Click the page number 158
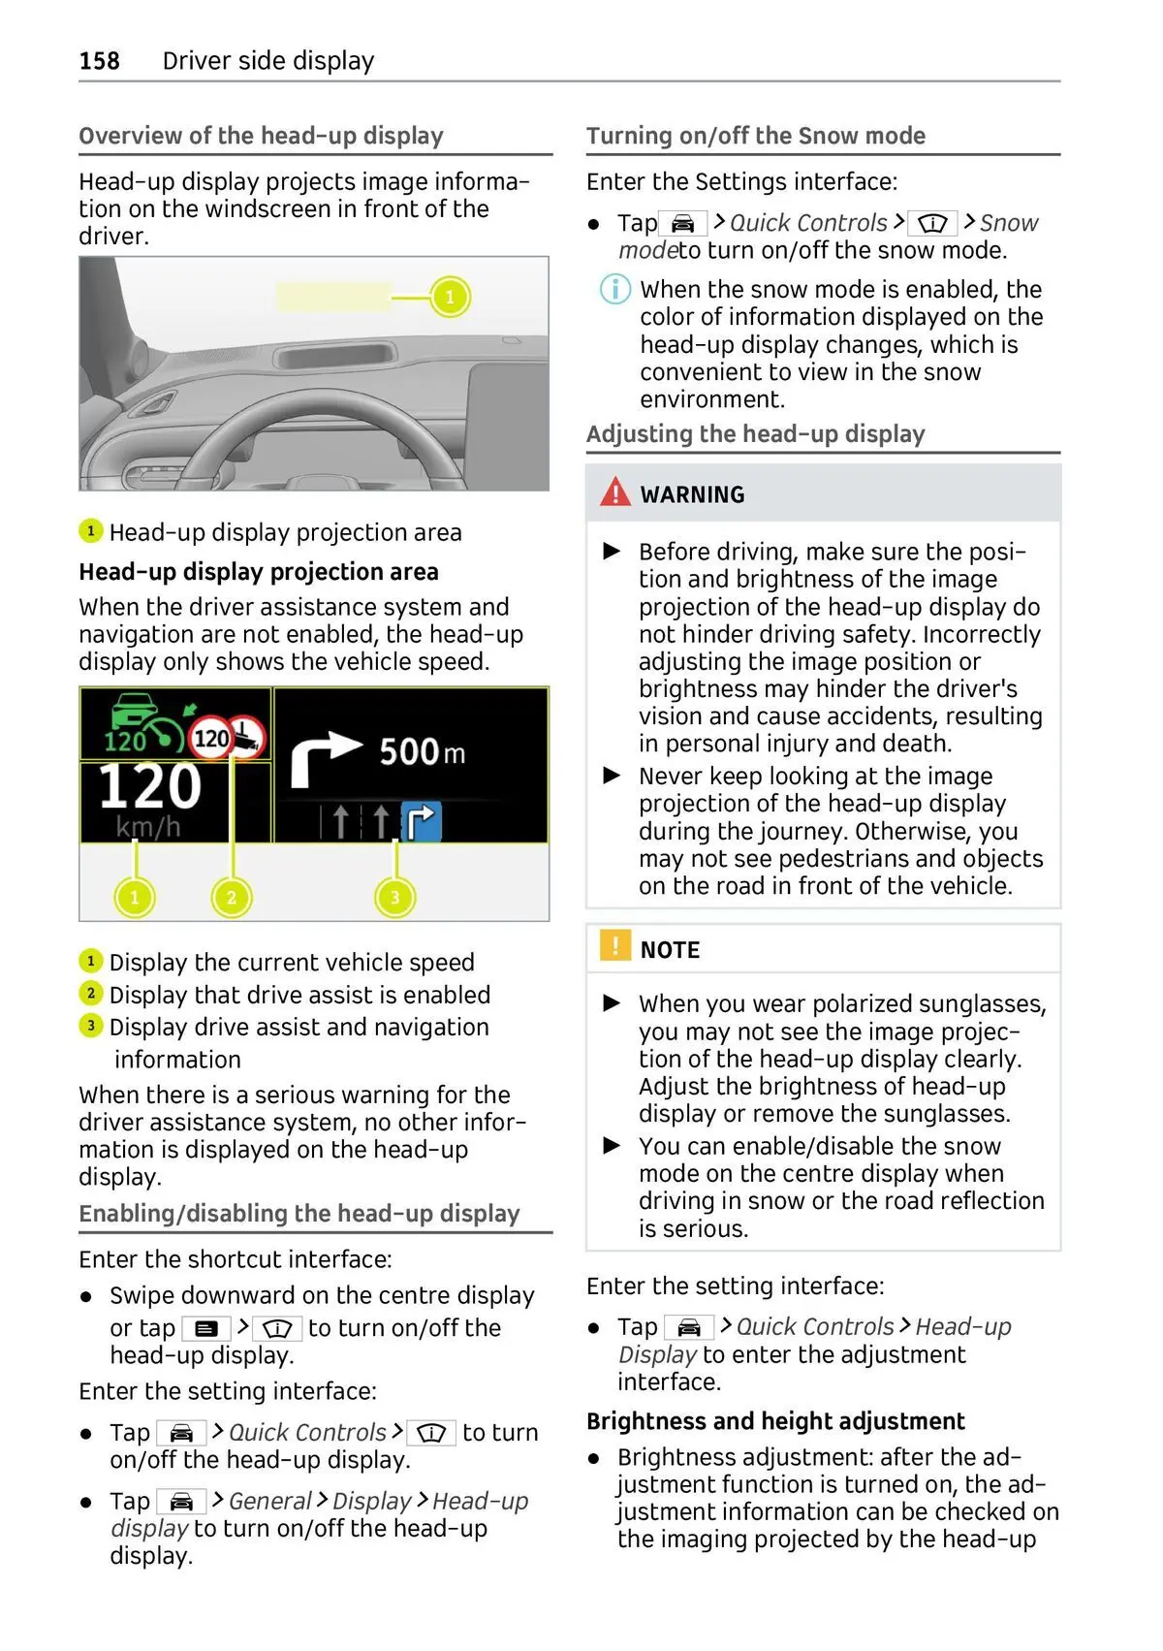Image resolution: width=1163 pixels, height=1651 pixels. click(x=99, y=61)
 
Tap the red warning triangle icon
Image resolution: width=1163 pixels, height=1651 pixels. click(x=615, y=492)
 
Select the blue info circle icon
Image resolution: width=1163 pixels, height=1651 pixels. click(x=614, y=289)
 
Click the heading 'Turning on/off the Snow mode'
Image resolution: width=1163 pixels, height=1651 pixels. click(x=755, y=136)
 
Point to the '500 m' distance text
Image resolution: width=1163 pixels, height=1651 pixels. click(x=422, y=751)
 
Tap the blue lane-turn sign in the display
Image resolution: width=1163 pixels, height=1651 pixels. click(x=422, y=821)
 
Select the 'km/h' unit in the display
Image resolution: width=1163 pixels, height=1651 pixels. click(x=147, y=827)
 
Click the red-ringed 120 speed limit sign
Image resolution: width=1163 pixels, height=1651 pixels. click(x=210, y=740)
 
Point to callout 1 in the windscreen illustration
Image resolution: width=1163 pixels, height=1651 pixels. click(x=450, y=297)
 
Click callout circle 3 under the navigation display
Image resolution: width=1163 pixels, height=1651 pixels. click(x=394, y=897)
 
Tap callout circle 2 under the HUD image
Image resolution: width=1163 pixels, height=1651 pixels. click(x=232, y=897)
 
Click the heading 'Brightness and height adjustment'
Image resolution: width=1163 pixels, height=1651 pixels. click(x=775, y=1421)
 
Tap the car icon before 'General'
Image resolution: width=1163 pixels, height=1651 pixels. click(x=181, y=1502)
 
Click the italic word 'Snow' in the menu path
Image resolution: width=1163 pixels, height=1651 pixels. click(x=1008, y=223)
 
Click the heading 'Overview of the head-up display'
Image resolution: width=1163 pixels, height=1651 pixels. click(x=261, y=136)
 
